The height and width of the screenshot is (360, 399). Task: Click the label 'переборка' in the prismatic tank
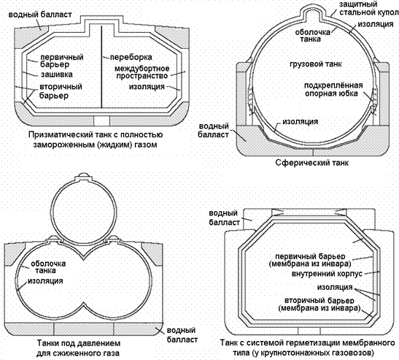tap(131, 57)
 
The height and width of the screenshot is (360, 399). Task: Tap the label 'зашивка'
tap(57, 74)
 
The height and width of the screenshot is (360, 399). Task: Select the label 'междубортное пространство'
tap(142, 72)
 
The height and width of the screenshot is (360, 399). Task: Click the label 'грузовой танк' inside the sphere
tap(316, 64)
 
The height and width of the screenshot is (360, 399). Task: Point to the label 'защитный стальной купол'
tap(368, 8)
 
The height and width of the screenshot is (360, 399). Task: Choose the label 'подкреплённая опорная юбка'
tap(333, 89)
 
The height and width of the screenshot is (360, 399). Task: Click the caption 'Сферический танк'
tap(311, 162)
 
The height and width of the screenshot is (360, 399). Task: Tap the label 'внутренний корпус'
tap(327, 274)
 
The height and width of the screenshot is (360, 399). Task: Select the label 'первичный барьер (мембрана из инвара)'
tap(310, 260)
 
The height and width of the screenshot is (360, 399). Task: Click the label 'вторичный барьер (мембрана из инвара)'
tap(319, 305)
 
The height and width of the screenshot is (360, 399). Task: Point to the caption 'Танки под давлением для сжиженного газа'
tap(78, 348)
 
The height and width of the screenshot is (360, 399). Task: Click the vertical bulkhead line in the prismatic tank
tap(101, 66)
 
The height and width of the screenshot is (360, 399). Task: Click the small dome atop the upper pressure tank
tap(83, 175)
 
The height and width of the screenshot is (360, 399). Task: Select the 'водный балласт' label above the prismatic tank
tap(40, 15)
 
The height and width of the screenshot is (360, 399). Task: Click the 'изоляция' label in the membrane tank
tap(335, 287)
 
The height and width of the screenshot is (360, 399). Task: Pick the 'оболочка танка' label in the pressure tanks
tap(48, 267)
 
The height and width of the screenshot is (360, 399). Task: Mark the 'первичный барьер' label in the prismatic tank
tap(62, 60)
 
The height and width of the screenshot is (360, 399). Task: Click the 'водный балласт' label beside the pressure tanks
tap(182, 334)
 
